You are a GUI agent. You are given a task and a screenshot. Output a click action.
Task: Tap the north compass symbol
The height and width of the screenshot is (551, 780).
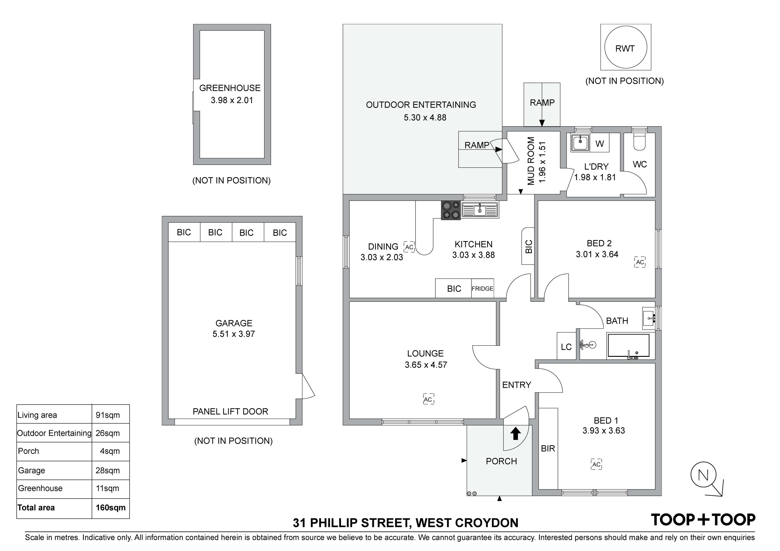pos(703,475)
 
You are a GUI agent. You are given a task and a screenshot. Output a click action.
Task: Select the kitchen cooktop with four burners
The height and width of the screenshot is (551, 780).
pos(451,210)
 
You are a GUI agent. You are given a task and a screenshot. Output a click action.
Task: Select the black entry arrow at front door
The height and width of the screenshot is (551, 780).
pos(515,433)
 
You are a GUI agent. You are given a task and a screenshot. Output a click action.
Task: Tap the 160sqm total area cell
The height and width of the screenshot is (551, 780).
pos(111,507)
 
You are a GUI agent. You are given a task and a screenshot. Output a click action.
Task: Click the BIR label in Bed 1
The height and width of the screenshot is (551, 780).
pos(548,449)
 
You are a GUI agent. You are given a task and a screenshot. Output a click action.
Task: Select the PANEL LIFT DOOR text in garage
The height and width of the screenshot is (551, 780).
pos(230,411)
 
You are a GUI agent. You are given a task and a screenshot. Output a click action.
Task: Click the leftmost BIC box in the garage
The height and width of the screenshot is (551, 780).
pos(184,232)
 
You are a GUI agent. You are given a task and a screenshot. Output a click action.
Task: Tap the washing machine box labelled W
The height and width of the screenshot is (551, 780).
pos(600,144)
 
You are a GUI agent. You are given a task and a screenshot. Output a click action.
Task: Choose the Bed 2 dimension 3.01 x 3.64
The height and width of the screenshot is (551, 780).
pos(597,254)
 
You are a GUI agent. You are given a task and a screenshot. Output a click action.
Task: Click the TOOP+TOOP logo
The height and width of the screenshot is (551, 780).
pos(703,519)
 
